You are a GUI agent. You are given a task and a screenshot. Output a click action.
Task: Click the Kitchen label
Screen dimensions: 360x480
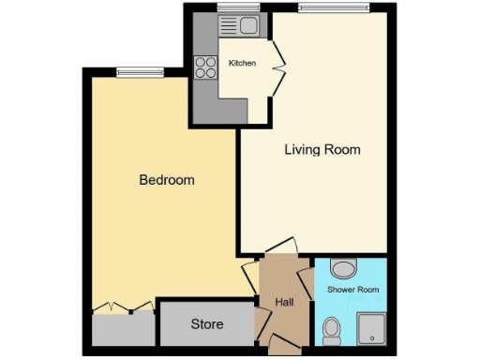coord(242,63)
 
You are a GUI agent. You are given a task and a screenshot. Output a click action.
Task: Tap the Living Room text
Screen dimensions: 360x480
coord(322,149)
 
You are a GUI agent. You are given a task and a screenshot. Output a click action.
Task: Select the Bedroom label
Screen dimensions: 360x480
coord(167,179)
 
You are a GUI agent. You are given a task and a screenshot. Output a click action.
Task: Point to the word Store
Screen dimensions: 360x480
coord(207,324)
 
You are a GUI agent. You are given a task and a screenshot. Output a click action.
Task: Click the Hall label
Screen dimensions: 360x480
coord(284,302)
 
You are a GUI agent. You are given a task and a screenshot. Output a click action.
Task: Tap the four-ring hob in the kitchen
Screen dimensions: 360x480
coord(205,67)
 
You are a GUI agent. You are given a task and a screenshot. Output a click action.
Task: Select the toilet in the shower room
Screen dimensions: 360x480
coord(332,328)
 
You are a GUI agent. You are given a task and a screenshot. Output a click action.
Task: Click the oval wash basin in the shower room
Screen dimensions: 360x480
coord(344,269)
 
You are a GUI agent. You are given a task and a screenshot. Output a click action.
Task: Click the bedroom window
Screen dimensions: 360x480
coord(140,71)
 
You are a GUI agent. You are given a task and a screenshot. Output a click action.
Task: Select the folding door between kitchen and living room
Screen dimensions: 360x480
coord(278,66)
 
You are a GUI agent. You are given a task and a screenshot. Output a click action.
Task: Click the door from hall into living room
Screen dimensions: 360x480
coord(279,247)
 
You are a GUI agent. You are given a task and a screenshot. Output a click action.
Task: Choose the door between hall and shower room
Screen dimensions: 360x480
coord(307,281)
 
